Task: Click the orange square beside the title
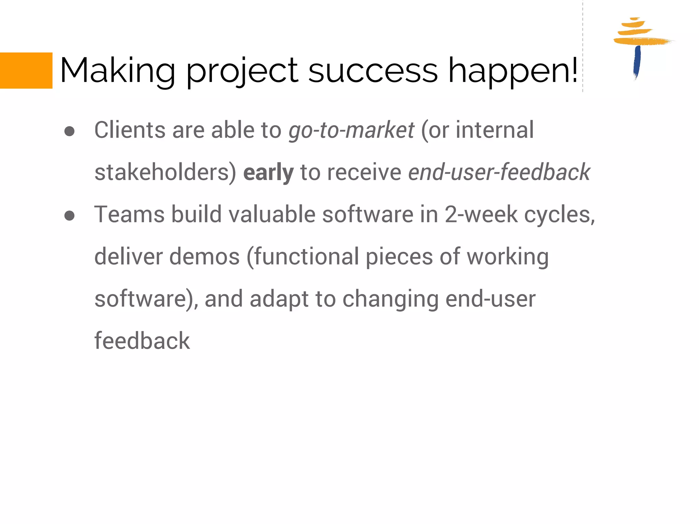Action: [x=26, y=71]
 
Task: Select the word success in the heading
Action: [x=373, y=71]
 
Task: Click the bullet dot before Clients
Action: [x=69, y=132]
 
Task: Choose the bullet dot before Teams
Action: [x=69, y=216]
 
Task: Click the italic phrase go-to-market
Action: [x=351, y=130]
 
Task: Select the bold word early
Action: [x=268, y=172]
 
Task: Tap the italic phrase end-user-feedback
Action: [x=499, y=172]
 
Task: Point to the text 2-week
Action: [x=481, y=215]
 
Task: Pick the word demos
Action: [x=204, y=257]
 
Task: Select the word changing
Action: [x=390, y=299]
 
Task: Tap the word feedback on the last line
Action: [x=142, y=341]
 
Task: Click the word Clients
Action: [x=130, y=130]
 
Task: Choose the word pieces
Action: [x=399, y=257]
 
